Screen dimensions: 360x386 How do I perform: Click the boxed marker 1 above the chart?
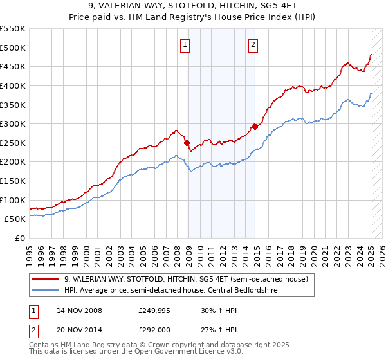(185, 44)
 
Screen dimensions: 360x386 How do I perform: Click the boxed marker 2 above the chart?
(253, 44)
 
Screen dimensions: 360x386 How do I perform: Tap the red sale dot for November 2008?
(187, 143)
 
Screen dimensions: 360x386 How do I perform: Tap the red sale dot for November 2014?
(255, 127)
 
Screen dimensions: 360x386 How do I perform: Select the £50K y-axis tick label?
(15, 219)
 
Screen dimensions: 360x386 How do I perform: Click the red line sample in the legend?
(45, 279)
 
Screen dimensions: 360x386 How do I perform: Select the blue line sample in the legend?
(45, 290)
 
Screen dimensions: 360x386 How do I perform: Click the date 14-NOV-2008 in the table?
(79, 310)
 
